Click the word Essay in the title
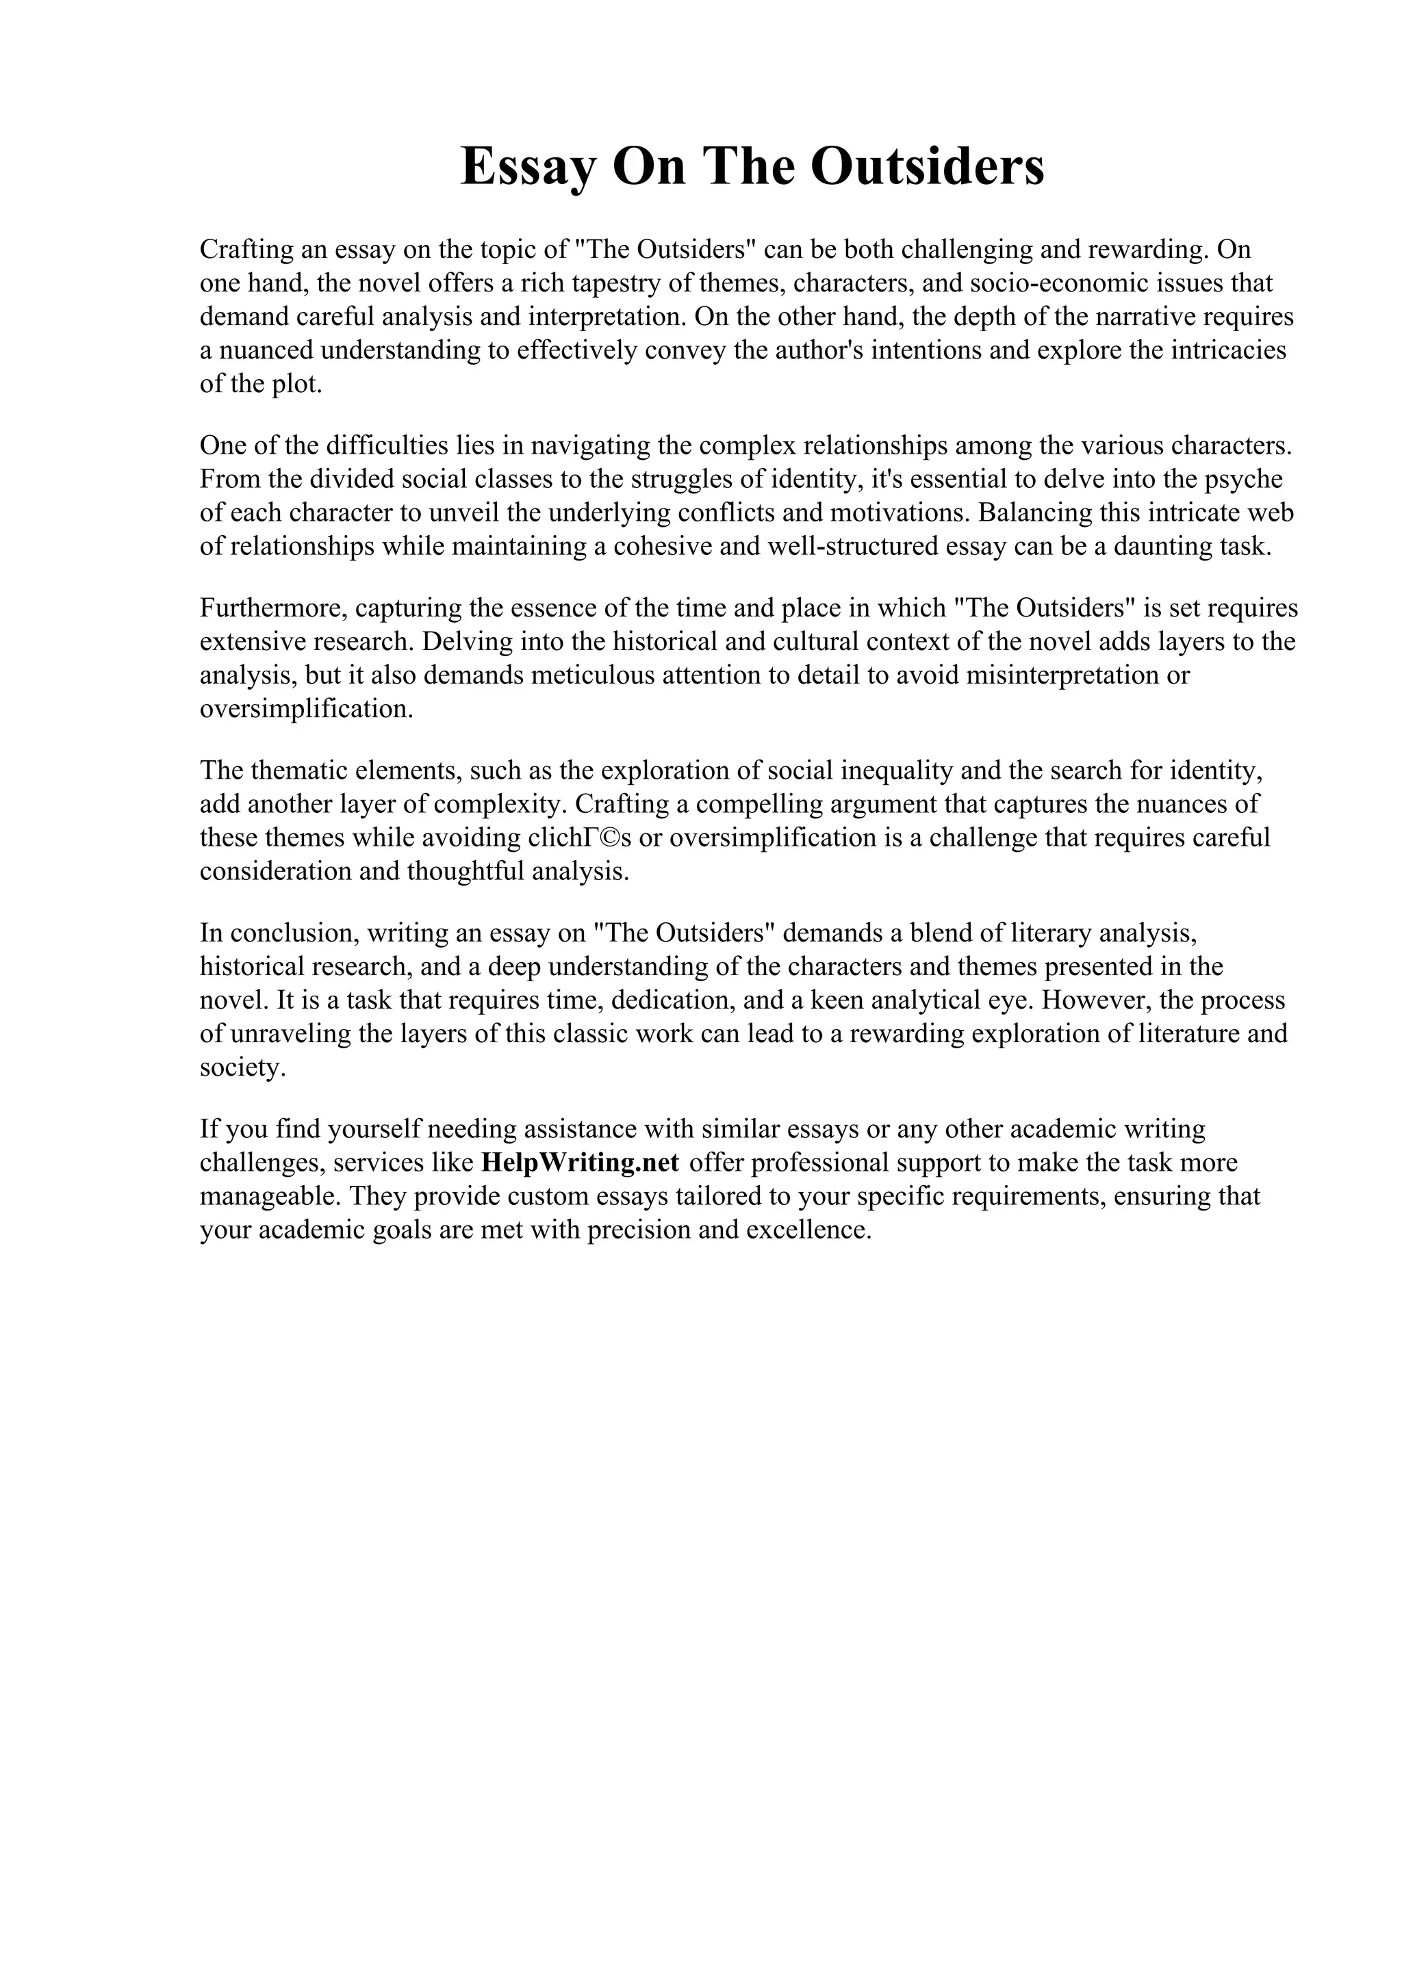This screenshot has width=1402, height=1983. [x=528, y=167]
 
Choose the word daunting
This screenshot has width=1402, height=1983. [x=1162, y=547]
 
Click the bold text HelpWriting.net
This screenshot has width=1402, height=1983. [x=580, y=1163]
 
